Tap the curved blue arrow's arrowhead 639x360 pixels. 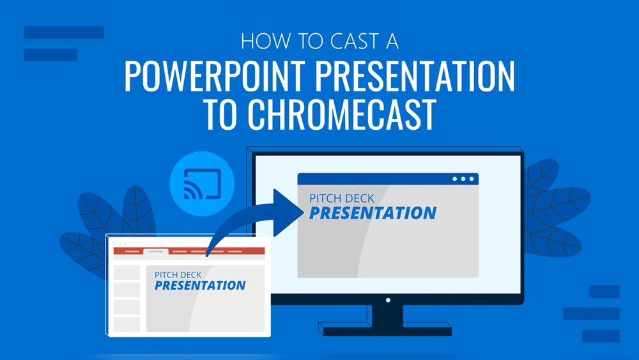point(288,213)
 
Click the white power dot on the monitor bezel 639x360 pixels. point(388,300)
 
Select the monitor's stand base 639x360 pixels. point(385,329)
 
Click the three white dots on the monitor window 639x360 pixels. point(463,179)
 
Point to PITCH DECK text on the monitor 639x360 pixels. point(341,199)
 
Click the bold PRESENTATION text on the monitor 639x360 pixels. point(373,213)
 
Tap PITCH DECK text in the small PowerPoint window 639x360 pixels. point(178,275)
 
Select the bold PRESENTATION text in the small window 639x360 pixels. point(199,285)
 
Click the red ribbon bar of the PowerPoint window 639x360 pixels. point(189,251)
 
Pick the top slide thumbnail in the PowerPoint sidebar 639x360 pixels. point(127,273)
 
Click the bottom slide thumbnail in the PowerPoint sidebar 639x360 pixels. point(127,324)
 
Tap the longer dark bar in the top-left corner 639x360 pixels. point(64,33)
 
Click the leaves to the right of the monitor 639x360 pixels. point(557,208)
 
